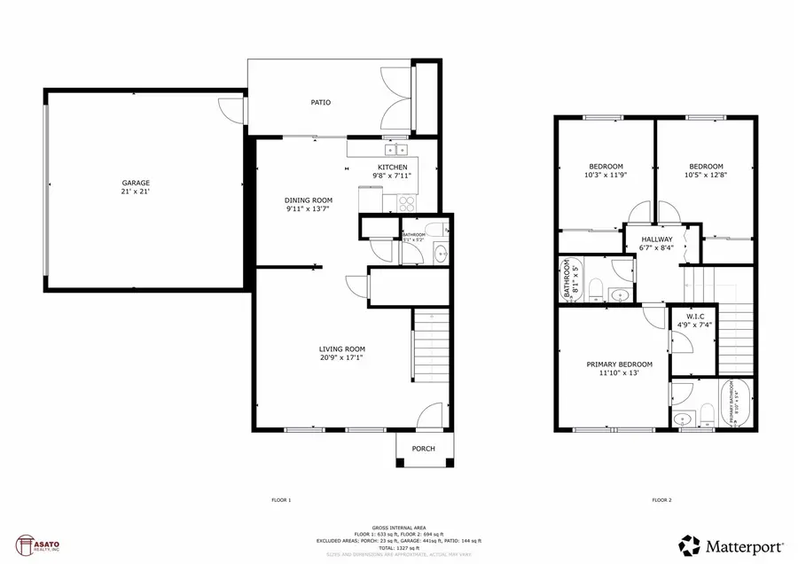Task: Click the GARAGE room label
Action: click(136, 183)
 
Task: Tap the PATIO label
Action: click(320, 103)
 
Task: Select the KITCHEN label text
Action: click(393, 168)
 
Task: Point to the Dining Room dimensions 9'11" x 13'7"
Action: click(309, 210)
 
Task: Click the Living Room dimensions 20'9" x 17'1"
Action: click(341, 357)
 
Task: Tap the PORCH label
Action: click(424, 449)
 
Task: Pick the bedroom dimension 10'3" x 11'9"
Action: click(606, 176)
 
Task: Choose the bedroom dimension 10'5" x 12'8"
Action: click(707, 176)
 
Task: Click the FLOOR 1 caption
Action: click(281, 501)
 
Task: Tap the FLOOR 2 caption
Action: click(661, 501)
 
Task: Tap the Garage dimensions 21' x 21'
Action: click(136, 192)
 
